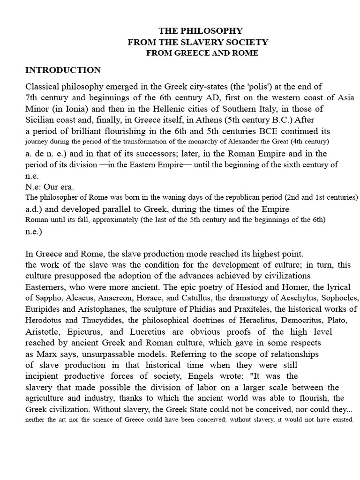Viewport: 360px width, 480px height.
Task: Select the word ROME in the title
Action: point(246,53)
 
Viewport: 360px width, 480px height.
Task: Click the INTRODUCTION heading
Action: point(63,70)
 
